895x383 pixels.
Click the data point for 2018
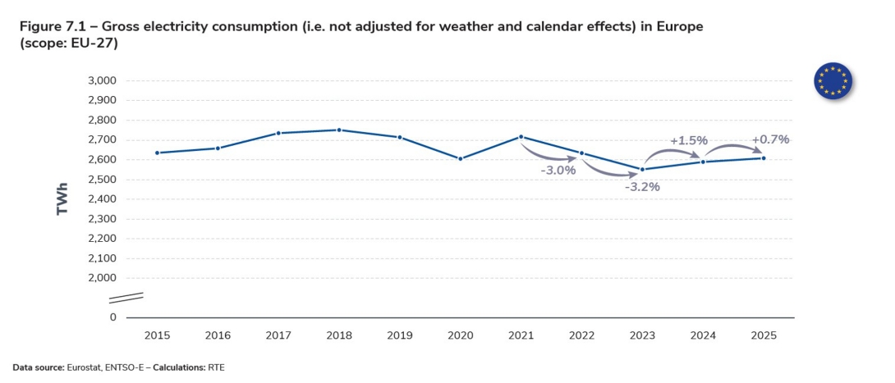point(339,130)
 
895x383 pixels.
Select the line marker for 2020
point(461,158)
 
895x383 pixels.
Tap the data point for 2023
point(642,170)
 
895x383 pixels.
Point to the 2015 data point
point(157,153)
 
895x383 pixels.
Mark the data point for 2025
point(764,157)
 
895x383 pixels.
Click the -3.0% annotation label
point(558,171)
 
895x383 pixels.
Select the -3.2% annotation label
point(642,186)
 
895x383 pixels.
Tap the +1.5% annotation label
point(688,140)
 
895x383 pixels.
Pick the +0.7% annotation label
point(770,139)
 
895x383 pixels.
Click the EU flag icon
point(833,80)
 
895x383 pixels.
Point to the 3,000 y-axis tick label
point(102,80)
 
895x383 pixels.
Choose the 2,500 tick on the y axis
point(102,179)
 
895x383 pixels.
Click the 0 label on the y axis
point(113,317)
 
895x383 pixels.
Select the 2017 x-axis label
point(278,335)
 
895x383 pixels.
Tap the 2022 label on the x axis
point(581,335)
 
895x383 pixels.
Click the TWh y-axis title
point(62,198)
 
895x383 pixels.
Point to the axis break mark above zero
point(133,297)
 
